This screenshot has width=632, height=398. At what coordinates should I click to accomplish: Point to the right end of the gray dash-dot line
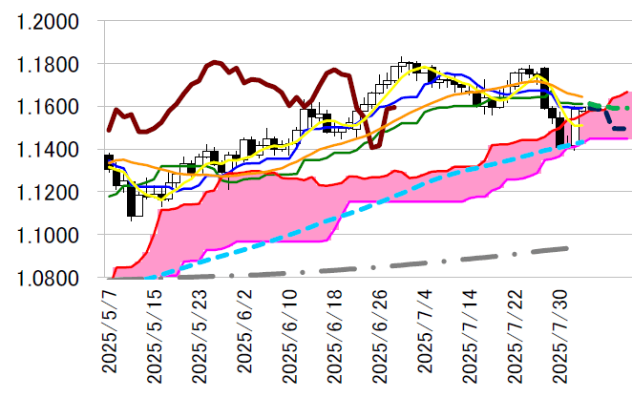pos(568,248)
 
